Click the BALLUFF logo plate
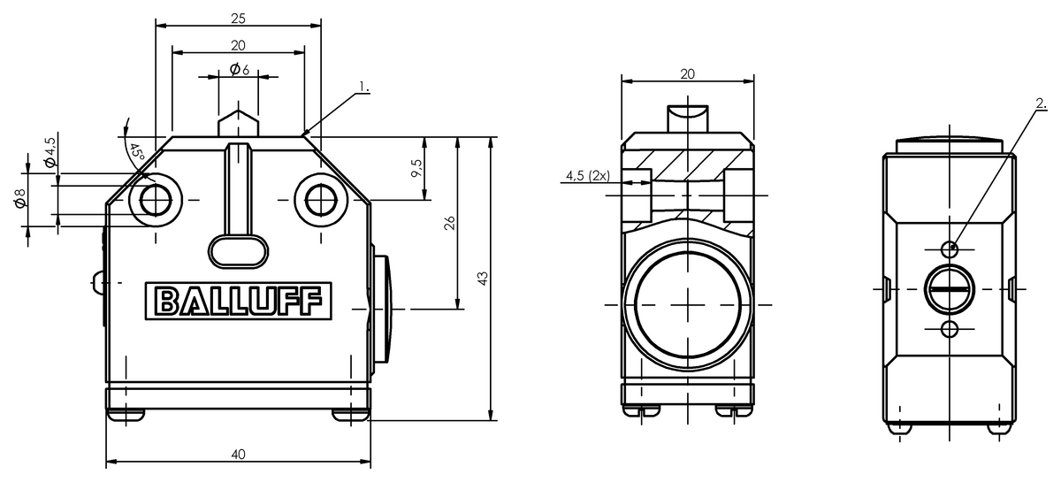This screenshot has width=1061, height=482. pos(238,302)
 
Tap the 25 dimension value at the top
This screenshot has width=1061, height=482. pos(238,19)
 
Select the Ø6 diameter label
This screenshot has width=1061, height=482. pos(240,69)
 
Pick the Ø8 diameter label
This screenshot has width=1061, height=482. pos(19,198)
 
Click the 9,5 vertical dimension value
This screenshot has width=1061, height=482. pos(416,168)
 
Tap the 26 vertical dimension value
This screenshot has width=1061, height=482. pos(449,223)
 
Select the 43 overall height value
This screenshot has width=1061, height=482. pos(482,279)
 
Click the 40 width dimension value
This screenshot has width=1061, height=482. pos(238,455)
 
